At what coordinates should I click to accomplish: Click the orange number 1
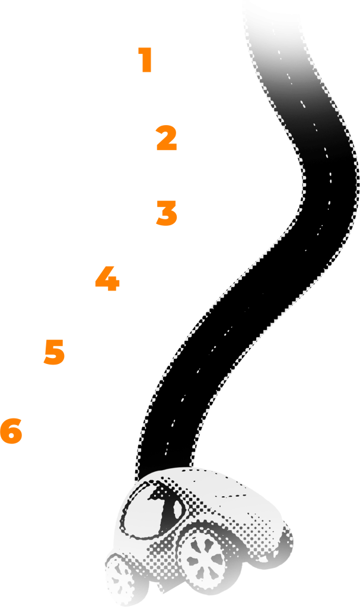(145, 60)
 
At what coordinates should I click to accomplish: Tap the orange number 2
(167, 138)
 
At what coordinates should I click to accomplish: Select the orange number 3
(166, 213)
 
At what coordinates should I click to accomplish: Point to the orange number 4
(107, 279)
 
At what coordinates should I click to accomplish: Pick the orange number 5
(54, 352)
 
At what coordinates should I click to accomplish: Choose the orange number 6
(11, 432)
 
